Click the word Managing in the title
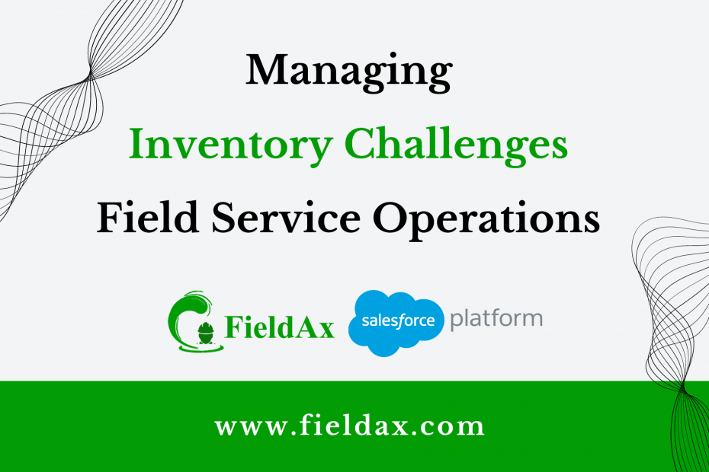348,72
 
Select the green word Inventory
230,146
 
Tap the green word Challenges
456,145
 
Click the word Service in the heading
286,217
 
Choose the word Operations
486,219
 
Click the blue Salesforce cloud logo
396,323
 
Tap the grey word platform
496,319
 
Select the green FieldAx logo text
280,327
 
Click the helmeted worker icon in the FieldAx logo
206,333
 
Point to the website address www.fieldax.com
349,426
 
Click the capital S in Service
224,217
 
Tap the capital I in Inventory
139,144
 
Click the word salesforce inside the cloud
398,321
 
